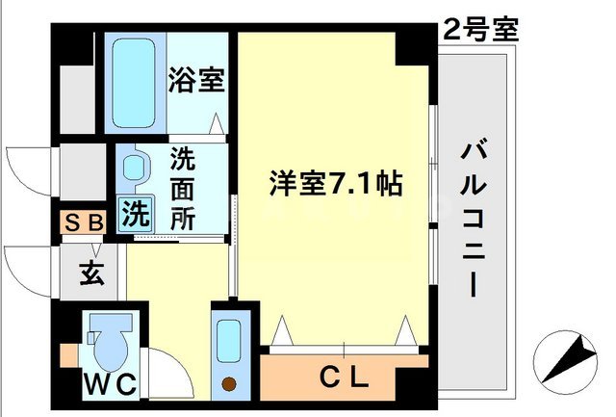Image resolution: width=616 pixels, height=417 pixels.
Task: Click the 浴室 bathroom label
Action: click(x=198, y=81)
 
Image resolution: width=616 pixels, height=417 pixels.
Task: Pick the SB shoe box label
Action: click(x=84, y=222)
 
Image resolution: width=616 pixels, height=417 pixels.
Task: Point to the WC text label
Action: click(x=114, y=384)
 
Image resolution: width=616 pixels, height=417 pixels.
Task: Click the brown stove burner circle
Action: click(x=229, y=385)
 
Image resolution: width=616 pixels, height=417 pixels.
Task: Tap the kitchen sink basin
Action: click(x=229, y=341)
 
